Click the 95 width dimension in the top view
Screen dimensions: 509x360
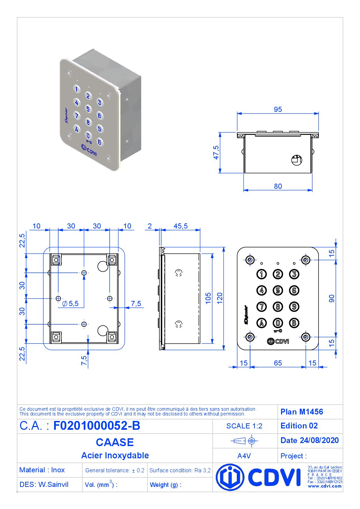278,109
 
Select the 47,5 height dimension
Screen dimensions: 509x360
216,153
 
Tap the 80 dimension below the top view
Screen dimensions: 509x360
278,186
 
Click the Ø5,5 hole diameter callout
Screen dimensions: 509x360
70,304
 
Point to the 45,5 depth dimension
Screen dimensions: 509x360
180,226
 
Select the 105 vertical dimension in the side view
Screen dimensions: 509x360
208,298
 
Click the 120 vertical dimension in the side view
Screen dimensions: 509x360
219,298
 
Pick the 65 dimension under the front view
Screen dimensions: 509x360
278,363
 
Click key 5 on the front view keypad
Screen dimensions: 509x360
278,290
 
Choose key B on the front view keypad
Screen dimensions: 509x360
294,323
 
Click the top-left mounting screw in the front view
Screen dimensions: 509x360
250,260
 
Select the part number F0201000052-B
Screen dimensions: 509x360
97,426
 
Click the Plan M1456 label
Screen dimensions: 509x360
301,412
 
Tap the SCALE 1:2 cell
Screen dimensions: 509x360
244,426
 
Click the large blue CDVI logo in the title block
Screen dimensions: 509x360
259,477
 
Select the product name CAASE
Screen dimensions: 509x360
115,442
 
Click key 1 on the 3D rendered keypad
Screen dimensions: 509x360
77,89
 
